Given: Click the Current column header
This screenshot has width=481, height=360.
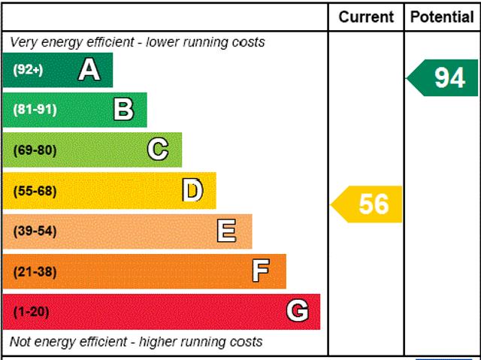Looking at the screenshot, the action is [x=366, y=17].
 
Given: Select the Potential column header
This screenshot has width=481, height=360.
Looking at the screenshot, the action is [x=442, y=17].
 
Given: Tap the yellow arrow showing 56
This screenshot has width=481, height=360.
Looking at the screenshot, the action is [x=366, y=204].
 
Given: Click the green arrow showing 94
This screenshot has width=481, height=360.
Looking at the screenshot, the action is [x=442, y=78].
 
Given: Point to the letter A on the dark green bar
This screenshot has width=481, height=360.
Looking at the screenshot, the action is [x=89, y=70].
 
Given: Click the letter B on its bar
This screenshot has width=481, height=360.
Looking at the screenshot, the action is [x=123, y=110].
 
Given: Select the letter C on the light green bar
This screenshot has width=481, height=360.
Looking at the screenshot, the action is [x=158, y=150].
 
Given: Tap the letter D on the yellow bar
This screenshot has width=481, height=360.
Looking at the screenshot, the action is [x=192, y=190].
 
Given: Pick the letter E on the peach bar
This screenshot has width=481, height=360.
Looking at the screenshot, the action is [x=226, y=231].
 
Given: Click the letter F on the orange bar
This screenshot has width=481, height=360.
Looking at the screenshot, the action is [x=261, y=271].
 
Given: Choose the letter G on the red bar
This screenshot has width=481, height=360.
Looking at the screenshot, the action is [x=298, y=310].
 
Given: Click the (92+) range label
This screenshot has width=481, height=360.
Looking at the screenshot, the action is [x=28, y=70].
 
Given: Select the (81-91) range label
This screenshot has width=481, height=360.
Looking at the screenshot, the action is [x=35, y=110].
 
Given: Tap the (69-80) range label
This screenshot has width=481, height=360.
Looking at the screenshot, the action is [x=35, y=150].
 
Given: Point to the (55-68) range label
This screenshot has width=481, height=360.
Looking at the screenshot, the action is [x=35, y=191].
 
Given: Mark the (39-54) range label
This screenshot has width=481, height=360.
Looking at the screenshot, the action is [x=35, y=231].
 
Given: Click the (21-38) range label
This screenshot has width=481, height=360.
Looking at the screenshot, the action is [x=35, y=271].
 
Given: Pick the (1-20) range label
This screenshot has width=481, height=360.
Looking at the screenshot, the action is [x=31, y=312].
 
